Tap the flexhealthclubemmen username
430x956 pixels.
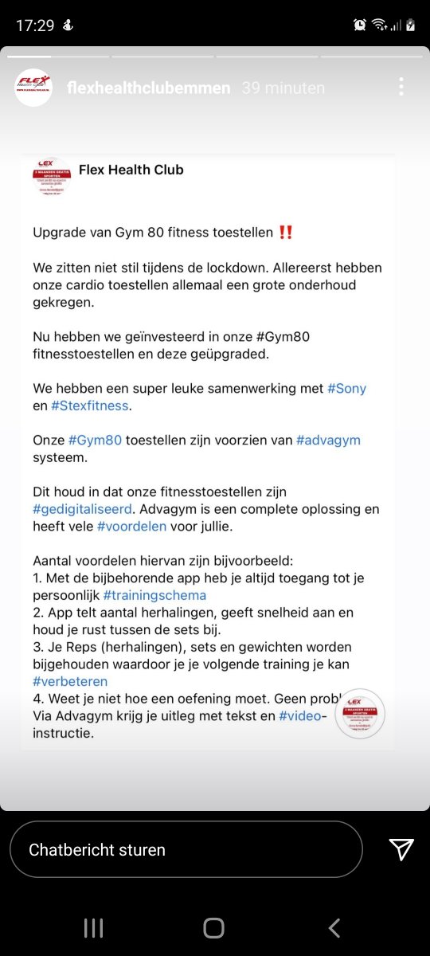click(148, 88)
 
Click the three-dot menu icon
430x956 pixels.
click(401, 87)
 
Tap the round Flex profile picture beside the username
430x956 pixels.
click(33, 88)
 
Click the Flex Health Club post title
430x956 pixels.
click(131, 170)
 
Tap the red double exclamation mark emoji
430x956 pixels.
click(286, 233)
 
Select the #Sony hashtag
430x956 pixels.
click(346, 389)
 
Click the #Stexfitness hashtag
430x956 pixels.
click(90, 406)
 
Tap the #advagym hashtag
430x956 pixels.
click(328, 440)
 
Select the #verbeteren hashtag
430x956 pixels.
click(70, 681)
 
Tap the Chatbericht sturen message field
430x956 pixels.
click(185, 849)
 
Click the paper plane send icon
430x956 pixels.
click(401, 849)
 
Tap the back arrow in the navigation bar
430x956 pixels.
click(334, 927)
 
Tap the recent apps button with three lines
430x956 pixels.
click(93, 927)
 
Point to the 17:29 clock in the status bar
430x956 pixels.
click(35, 25)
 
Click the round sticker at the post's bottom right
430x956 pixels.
click(360, 714)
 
